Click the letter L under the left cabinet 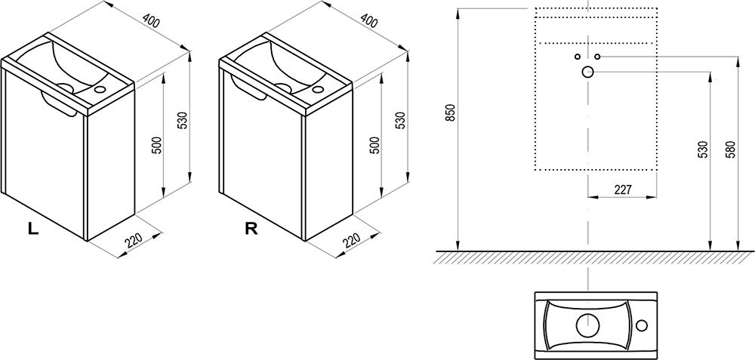tap(33, 229)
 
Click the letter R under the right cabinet tap(251, 229)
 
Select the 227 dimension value tap(623, 189)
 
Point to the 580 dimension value tap(731, 150)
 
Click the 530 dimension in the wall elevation tap(703, 150)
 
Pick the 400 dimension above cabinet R tap(369, 20)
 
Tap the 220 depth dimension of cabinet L tap(134, 241)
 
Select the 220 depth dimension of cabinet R tap(352, 240)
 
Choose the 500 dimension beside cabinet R tap(375, 146)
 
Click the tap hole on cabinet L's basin tap(100, 89)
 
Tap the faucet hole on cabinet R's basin tap(317, 89)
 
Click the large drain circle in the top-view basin tap(588, 326)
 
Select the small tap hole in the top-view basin tap(642, 326)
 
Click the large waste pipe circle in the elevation tap(587, 72)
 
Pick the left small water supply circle tap(578, 57)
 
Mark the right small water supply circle tap(597, 57)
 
